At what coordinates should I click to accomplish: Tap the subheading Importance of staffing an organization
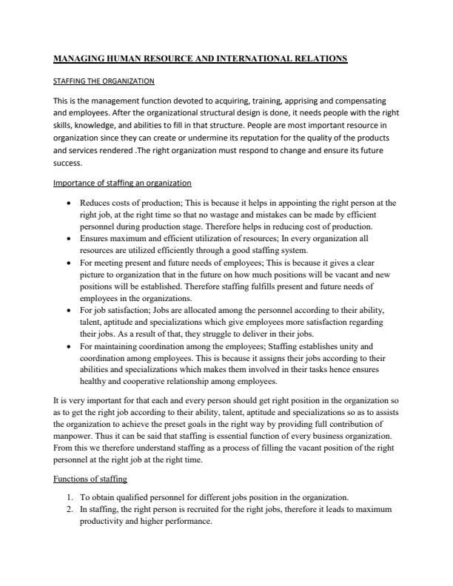click(122, 183)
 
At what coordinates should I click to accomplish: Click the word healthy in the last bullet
click(93, 382)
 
